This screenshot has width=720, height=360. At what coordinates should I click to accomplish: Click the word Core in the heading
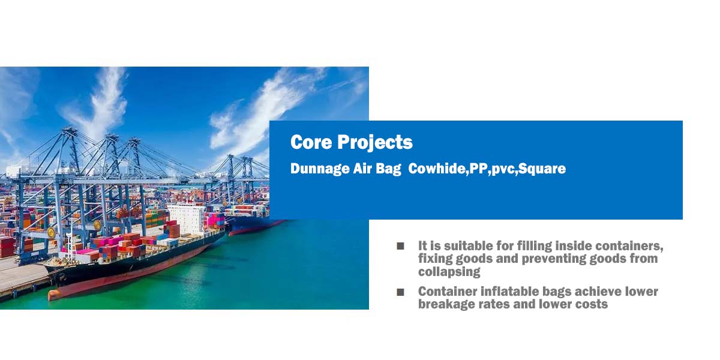pos(311,142)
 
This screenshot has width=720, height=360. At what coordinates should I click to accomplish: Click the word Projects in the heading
pos(375,143)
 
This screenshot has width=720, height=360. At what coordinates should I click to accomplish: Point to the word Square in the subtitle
pos(542,169)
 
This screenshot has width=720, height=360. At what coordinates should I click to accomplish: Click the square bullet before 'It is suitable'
pos(400,246)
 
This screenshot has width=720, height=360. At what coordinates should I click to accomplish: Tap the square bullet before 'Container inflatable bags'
pos(400,292)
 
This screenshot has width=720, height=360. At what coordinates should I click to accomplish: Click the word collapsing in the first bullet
pos(449,272)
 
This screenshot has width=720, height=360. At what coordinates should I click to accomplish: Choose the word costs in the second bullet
pos(592,304)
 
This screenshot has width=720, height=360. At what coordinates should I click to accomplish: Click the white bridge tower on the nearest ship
pos(187,218)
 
